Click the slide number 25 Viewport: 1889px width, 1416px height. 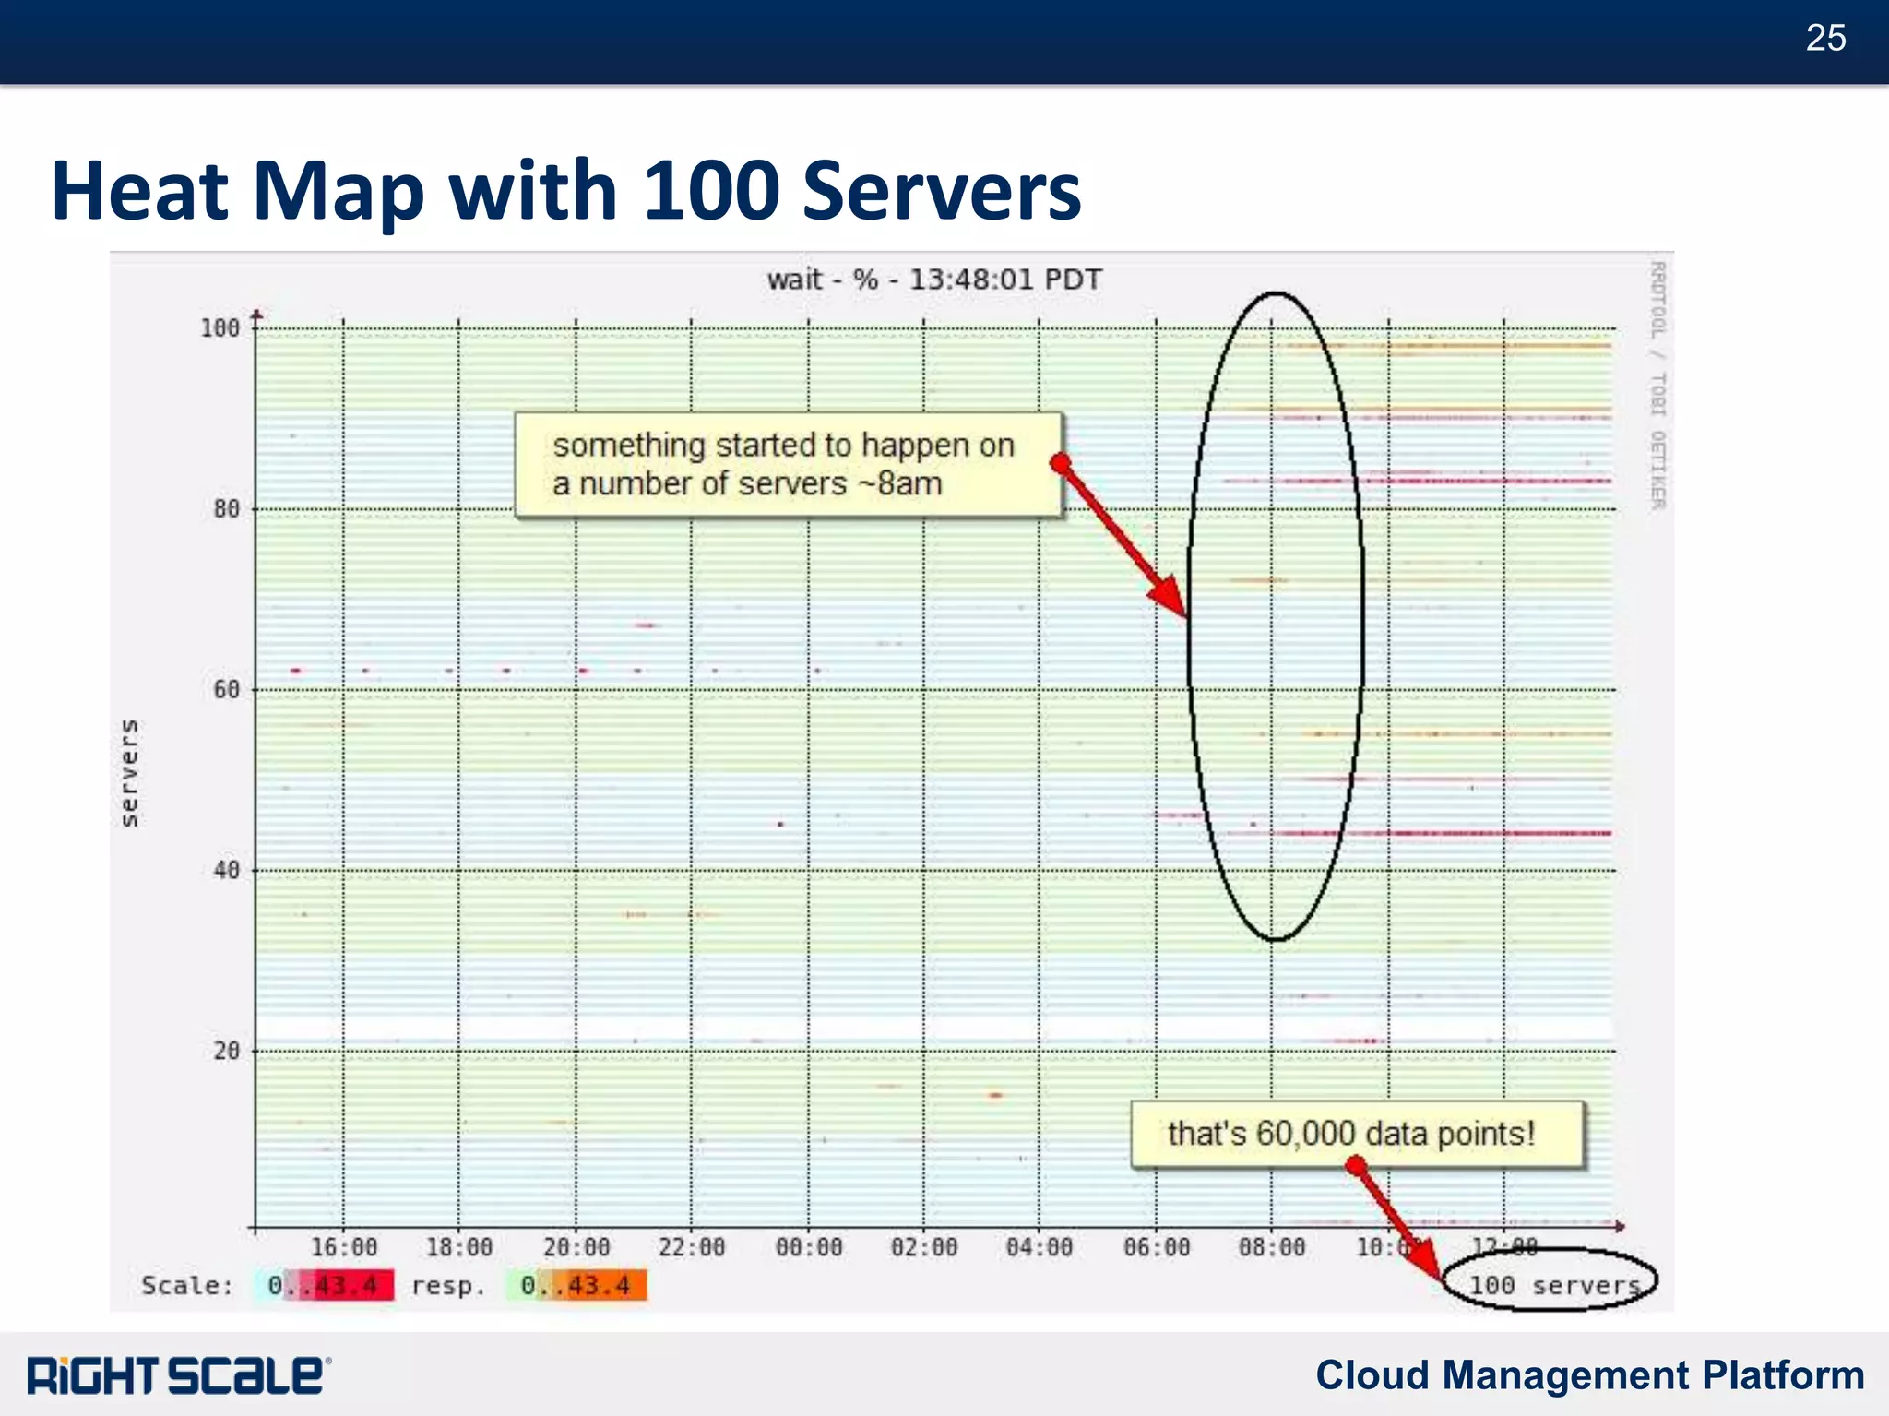pyautogui.click(x=1825, y=38)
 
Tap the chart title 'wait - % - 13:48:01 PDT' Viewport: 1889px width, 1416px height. pyautogui.click(x=933, y=280)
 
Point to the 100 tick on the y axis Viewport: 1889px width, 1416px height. pyautogui.click(x=220, y=328)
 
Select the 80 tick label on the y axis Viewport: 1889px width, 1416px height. pyautogui.click(x=225, y=509)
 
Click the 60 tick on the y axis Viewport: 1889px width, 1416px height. pyautogui.click(x=225, y=690)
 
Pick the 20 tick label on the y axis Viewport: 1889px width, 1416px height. pyautogui.click(x=225, y=1051)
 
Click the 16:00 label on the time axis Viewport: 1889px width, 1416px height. pyautogui.click(x=343, y=1248)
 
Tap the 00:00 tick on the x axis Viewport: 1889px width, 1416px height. pyautogui.click(x=809, y=1248)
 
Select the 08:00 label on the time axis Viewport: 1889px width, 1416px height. pyautogui.click(x=1272, y=1248)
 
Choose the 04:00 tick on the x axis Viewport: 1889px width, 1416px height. pyautogui.click(x=1040, y=1248)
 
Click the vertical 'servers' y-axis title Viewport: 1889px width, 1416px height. pyautogui.click(x=130, y=773)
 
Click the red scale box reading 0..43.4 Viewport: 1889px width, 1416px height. pyautogui.click(x=325, y=1285)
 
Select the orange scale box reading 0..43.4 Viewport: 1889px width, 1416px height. pyautogui.click(x=576, y=1285)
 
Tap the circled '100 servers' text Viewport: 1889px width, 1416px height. pyautogui.click(x=1553, y=1284)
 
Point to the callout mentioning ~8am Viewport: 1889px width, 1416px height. pyautogui.click(x=786, y=464)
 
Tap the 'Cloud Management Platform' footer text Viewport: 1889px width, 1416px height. pyautogui.click(x=1589, y=1374)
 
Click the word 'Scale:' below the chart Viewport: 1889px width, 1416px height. pyautogui.click(x=187, y=1285)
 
